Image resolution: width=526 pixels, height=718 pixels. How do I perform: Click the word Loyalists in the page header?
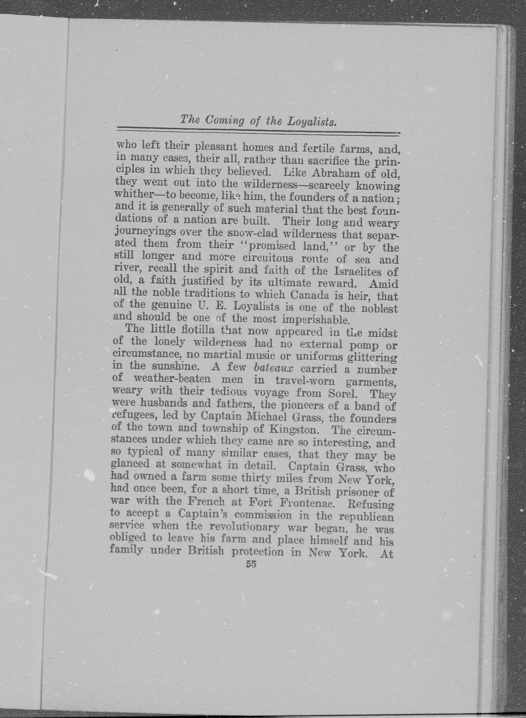pos(312,121)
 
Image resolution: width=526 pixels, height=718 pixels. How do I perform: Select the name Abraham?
pos(338,174)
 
